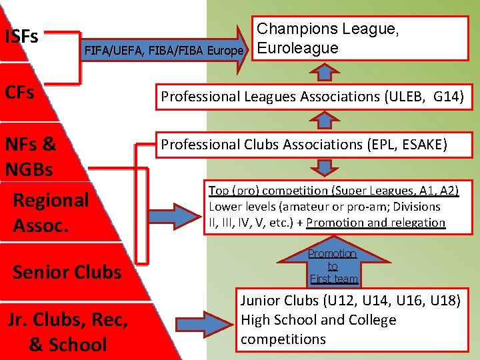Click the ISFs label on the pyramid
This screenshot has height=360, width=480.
click(x=21, y=36)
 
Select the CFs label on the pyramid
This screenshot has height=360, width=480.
click(x=20, y=93)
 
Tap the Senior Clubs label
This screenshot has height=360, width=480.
click(x=67, y=272)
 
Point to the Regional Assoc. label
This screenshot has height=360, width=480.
click(x=51, y=212)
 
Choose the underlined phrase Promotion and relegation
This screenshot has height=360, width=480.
click(x=375, y=223)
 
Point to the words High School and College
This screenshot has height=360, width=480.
click(x=319, y=321)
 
